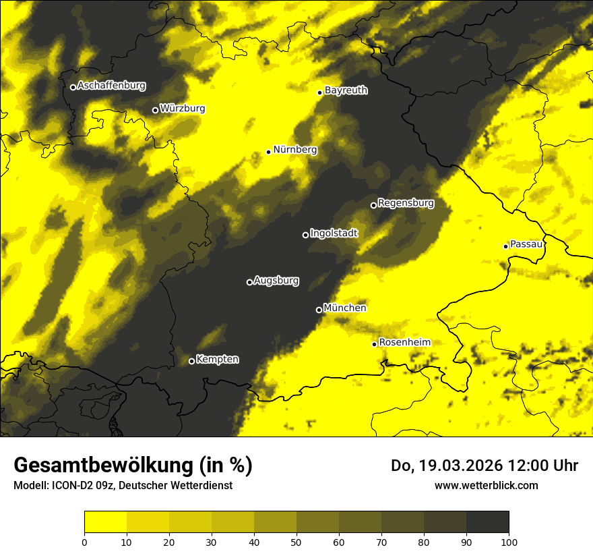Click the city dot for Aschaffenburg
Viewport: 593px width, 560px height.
tap(73, 87)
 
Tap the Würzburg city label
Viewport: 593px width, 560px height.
tap(183, 109)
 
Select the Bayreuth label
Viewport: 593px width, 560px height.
tap(346, 90)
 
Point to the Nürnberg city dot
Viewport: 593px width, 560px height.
tap(268, 152)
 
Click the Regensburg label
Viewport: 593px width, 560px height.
tap(406, 202)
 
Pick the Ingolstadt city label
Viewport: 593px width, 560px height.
tap(334, 233)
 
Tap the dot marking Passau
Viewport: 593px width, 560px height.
tap(505, 246)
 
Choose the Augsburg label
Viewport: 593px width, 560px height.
tap(276, 281)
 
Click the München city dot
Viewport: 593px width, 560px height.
tap(319, 310)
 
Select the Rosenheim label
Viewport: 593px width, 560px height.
tap(404, 342)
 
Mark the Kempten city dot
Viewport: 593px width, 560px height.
tap(191, 361)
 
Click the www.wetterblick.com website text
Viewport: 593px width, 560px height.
tap(486, 485)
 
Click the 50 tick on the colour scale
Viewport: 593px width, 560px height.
tap(296, 541)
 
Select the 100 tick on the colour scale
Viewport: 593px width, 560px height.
tap(509, 541)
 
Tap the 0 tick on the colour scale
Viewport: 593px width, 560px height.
tap(84, 541)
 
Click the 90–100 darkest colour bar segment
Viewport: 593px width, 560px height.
tap(487, 522)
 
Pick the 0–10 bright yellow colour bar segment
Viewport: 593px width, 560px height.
tap(105, 522)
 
